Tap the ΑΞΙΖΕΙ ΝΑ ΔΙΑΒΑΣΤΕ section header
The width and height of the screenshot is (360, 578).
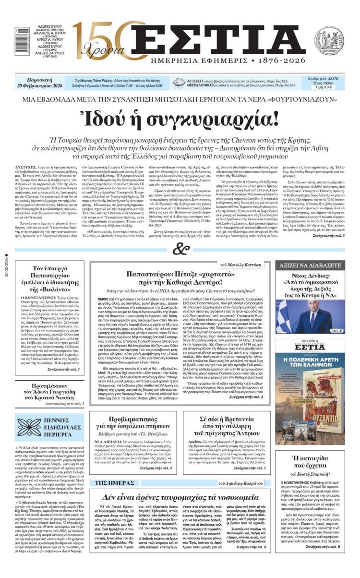coord(310,265)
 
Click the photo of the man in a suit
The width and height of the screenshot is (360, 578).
coord(310,312)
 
